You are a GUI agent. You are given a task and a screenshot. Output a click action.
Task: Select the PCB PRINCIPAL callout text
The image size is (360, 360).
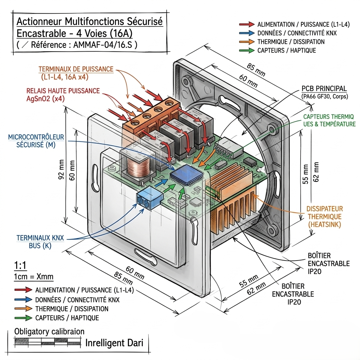click(324, 89)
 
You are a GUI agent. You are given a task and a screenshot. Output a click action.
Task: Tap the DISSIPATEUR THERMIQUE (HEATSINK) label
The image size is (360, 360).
click(324, 216)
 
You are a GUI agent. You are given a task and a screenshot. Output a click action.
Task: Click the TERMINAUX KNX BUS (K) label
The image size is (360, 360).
click(40, 242)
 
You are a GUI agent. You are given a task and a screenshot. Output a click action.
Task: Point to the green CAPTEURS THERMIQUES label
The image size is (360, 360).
click(329, 120)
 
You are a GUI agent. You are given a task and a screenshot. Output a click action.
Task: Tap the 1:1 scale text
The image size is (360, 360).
click(21, 265)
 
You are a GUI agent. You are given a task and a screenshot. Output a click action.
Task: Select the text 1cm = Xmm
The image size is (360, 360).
click(33, 276)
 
